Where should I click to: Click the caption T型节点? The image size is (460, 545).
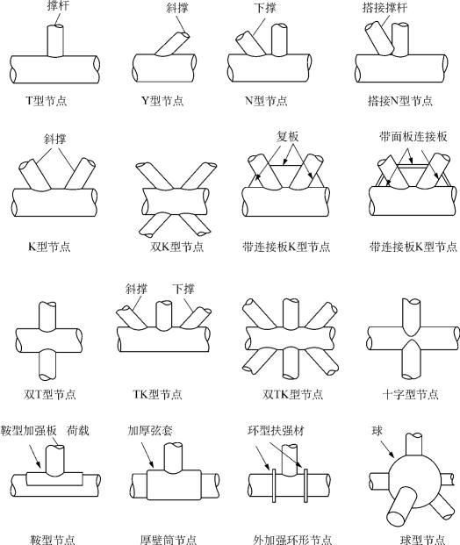tap(47, 101)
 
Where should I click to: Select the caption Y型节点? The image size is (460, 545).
tap(162, 101)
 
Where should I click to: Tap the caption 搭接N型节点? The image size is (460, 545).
tap(400, 101)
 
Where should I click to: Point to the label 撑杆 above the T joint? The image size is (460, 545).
tap(58, 5)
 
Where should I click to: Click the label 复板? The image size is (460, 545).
tap(288, 137)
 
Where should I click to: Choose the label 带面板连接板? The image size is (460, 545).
tap(413, 137)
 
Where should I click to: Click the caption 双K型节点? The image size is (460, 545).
tap(177, 247)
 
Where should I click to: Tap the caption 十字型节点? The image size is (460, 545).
tap(410, 395)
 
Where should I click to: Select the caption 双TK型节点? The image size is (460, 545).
tap(292, 395)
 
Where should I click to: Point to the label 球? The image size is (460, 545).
tap(377, 431)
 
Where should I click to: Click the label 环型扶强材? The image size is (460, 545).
tap(276, 431)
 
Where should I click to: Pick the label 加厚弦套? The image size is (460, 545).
tap(150, 431)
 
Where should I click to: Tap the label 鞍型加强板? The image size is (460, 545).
tap(28, 431)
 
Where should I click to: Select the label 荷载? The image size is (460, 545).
tap(78, 431)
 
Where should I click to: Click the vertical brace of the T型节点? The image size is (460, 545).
tap(55, 40)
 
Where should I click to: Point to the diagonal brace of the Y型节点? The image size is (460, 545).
tap(172, 44)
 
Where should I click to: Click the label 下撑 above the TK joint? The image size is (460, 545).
tap(183, 289)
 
